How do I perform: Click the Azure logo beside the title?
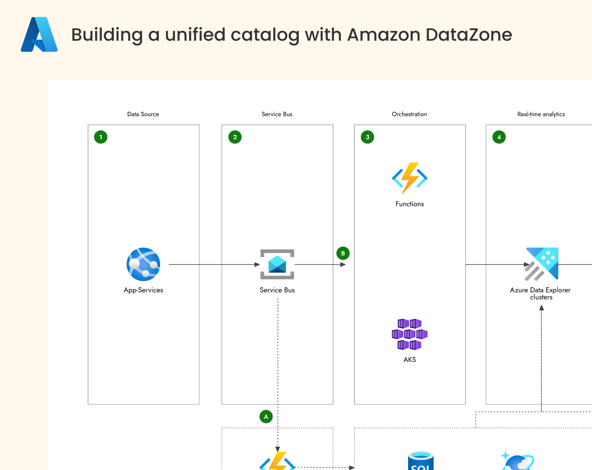coord(39,34)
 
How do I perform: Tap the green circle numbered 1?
coord(101,137)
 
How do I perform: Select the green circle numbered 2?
coord(235,137)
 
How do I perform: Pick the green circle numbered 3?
coord(367,137)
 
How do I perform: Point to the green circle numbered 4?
coord(499,137)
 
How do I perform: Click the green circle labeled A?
coord(266,417)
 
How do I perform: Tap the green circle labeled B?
coord(343,254)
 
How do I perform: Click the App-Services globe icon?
coord(144,264)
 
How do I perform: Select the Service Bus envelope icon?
coord(277,264)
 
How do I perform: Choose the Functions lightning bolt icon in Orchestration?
coord(410,178)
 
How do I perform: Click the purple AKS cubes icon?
coord(410,334)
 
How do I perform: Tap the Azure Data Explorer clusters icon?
coord(542,264)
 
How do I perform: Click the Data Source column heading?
coord(143,114)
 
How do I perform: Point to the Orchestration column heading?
coord(409,114)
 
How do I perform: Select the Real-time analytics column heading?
coord(541,114)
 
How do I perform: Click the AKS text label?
coord(410,360)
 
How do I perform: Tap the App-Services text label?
coord(144,290)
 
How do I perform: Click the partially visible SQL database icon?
coord(421,461)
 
